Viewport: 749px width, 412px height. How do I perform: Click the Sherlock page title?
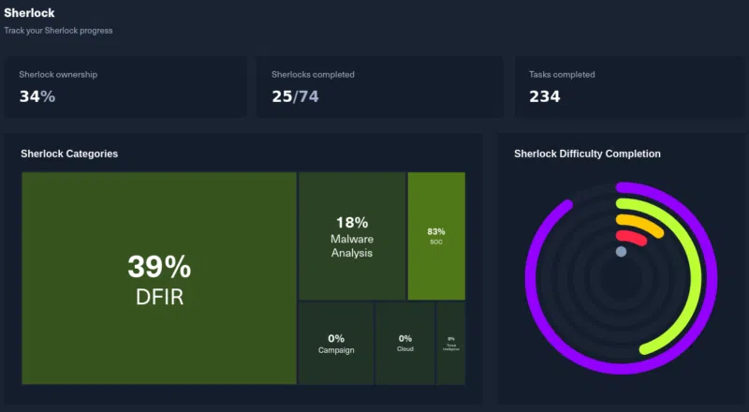tap(29, 13)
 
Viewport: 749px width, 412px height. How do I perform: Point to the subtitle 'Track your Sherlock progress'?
tap(58, 31)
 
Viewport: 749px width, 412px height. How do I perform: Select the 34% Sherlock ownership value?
tap(37, 96)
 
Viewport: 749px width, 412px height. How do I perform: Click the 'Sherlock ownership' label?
tap(58, 74)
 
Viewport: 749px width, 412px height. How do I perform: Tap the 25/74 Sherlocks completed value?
tap(295, 96)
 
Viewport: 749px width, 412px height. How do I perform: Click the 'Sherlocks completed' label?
tap(313, 74)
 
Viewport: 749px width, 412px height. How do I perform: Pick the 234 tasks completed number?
tap(545, 96)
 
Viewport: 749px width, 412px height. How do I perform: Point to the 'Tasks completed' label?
tap(562, 74)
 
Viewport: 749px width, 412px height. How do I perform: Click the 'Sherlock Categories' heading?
tap(69, 154)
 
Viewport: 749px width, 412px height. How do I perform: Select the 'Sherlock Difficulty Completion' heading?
tap(587, 154)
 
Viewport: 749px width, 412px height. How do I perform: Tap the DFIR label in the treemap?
tap(159, 297)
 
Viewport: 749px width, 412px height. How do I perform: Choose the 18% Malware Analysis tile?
tap(352, 236)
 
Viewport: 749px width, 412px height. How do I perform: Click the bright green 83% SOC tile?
tap(436, 236)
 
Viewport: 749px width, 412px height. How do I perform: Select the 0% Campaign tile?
tap(336, 344)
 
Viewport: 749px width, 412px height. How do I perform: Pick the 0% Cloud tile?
tap(405, 344)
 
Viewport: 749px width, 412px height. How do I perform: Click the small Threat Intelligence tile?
tap(451, 344)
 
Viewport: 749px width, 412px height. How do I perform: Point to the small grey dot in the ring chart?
tap(621, 252)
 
